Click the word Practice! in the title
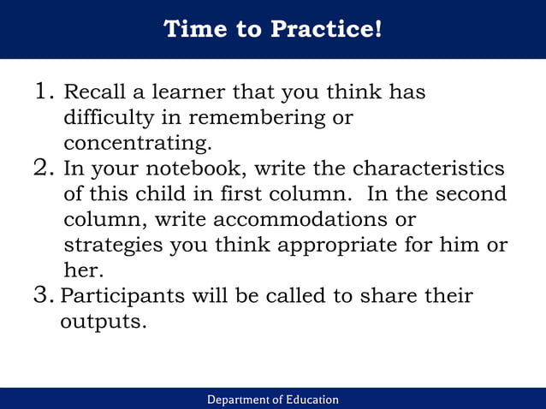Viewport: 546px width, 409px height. pos(326,29)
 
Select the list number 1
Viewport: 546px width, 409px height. pos(45,91)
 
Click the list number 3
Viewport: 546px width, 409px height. pos(45,296)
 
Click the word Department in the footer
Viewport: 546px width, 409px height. pos(243,400)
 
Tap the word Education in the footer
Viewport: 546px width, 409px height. pos(308,400)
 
